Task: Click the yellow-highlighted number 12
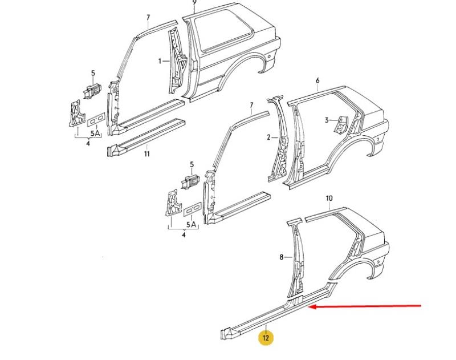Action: (x=266, y=338)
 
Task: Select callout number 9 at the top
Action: (x=194, y=2)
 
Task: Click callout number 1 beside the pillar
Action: (x=160, y=61)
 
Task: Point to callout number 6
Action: (x=317, y=80)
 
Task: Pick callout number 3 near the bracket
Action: (x=327, y=120)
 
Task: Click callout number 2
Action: (x=268, y=137)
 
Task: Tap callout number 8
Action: (x=281, y=257)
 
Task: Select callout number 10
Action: (x=329, y=199)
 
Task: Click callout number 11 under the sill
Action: (x=147, y=153)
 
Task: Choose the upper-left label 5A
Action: (x=95, y=134)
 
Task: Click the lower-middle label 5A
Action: (x=192, y=224)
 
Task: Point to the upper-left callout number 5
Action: (x=93, y=74)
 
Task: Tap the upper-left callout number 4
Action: (x=88, y=143)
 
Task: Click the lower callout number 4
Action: (x=184, y=234)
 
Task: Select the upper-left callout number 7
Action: (x=148, y=18)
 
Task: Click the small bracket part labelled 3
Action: (x=341, y=124)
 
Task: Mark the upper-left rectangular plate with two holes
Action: (x=96, y=120)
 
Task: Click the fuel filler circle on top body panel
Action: (x=268, y=56)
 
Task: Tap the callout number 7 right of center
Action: (x=251, y=106)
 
